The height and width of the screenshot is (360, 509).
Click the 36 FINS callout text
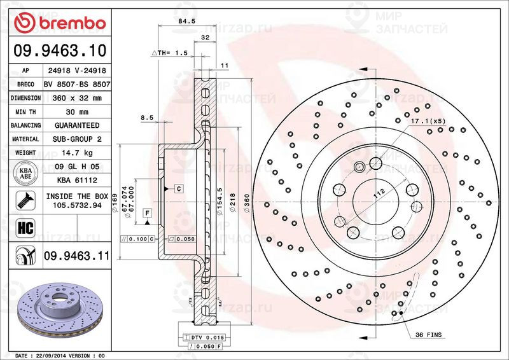click(428, 335)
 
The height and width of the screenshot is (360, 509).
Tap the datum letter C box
click(179, 189)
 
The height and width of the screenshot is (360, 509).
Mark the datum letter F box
click(147, 212)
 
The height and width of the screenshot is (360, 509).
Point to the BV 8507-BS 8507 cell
click(78, 85)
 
